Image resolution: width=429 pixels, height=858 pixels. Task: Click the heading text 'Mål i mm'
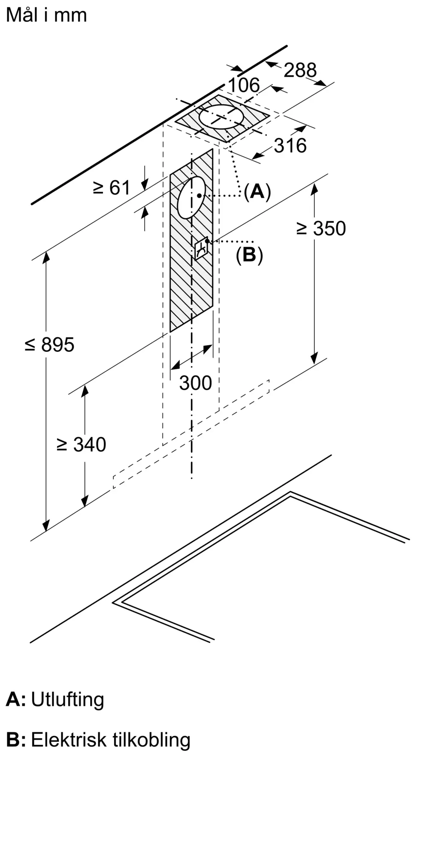46,15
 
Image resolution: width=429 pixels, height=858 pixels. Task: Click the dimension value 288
300,70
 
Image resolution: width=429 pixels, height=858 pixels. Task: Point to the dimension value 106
244,85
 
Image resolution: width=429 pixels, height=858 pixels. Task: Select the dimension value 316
290,145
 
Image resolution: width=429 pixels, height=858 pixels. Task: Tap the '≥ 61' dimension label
112,187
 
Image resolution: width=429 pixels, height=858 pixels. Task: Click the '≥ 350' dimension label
321,228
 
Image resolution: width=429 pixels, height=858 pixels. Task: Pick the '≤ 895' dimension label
49,344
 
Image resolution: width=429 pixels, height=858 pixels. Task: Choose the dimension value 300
196,383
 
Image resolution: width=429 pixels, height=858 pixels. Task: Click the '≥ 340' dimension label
82,444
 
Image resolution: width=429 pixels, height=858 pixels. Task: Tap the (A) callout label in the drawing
257,191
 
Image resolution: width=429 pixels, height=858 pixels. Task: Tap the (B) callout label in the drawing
249,255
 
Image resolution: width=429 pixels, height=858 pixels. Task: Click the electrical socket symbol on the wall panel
201,248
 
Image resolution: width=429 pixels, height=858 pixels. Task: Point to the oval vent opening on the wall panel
191,197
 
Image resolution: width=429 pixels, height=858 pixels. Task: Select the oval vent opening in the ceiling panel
221,116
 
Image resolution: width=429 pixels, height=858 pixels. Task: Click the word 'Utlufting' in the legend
67,700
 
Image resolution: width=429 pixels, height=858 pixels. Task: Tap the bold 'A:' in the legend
16,700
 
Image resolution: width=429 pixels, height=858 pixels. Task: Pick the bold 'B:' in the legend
16,740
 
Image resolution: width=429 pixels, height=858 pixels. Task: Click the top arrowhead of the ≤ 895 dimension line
46,256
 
